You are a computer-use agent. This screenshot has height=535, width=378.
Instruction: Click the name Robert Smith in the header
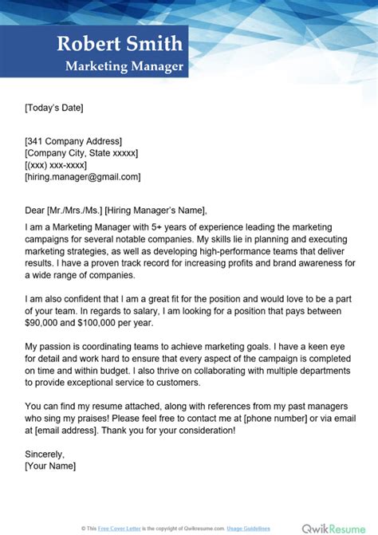tap(119, 44)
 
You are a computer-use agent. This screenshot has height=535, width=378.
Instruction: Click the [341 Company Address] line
tap(73, 141)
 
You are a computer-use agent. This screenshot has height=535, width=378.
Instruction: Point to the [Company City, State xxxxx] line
tap(81, 153)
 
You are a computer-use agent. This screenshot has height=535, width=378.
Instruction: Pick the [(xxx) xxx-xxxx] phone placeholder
tap(57, 165)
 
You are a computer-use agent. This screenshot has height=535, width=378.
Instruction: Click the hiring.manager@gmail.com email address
tap(83, 177)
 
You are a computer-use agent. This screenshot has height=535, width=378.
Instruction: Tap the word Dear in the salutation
tap(34, 211)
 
